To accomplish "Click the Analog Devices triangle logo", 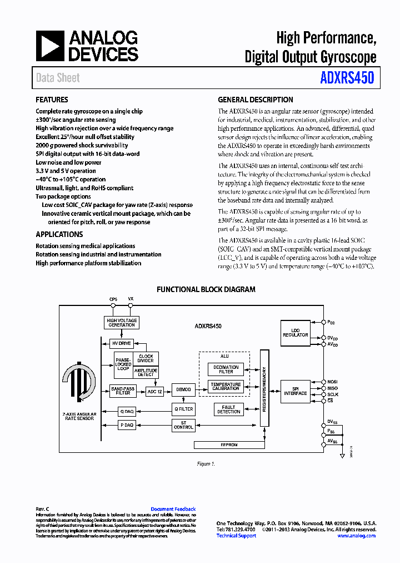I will point(49,46).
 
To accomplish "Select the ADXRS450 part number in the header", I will point(347,78).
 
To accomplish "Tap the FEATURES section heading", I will point(52,100).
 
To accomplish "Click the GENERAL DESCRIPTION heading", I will point(255,100).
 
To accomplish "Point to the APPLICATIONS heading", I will point(59,235).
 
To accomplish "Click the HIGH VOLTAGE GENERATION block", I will point(121,323).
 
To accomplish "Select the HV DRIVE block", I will point(121,343).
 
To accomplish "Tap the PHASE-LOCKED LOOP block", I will point(123,365).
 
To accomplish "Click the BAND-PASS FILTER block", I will point(123,391).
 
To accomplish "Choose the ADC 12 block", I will point(154,391).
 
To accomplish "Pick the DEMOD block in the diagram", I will point(183,390).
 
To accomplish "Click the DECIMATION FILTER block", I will point(226,369).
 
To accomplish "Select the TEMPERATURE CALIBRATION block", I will point(226,387).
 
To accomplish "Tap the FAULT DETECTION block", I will point(228,409).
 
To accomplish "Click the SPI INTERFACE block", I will point(295,391).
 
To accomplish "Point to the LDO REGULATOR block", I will point(295,332).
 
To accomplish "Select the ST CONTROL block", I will point(183,425).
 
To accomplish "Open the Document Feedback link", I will point(173,509).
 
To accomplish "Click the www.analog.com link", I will point(356,536).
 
